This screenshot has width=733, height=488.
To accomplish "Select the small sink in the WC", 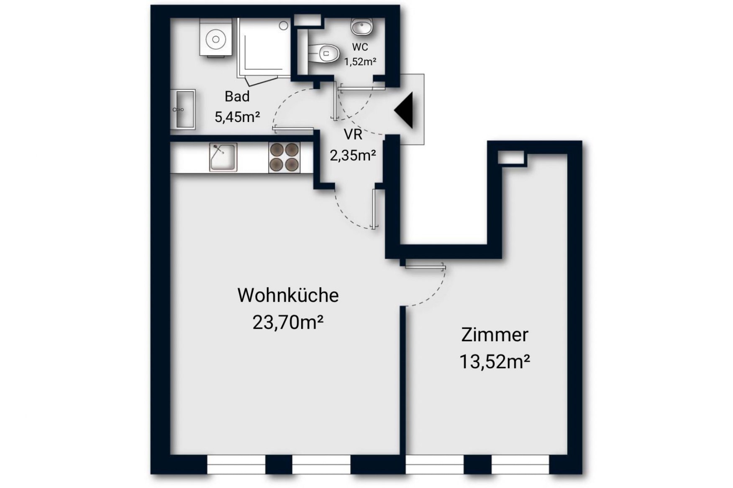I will [x=362, y=28].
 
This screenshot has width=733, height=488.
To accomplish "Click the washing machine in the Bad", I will [x=216, y=38].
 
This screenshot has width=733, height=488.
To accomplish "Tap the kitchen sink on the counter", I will [x=223, y=157].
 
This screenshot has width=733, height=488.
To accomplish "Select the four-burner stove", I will [x=284, y=157].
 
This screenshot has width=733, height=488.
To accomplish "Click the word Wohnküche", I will [x=288, y=295].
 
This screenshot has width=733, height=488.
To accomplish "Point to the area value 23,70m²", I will [x=288, y=322].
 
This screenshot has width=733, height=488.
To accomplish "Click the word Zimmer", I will [x=495, y=335].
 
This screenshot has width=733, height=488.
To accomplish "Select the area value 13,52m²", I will [x=495, y=361].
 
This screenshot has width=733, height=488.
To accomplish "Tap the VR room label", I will [x=353, y=135].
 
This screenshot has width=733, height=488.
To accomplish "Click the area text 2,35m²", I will [x=353, y=155].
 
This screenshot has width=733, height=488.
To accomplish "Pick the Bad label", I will [x=237, y=97].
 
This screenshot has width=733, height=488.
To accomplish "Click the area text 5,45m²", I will [x=237, y=117].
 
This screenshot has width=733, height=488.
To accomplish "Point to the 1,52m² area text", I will [x=360, y=62].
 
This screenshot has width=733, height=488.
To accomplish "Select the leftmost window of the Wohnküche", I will [x=236, y=464].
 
